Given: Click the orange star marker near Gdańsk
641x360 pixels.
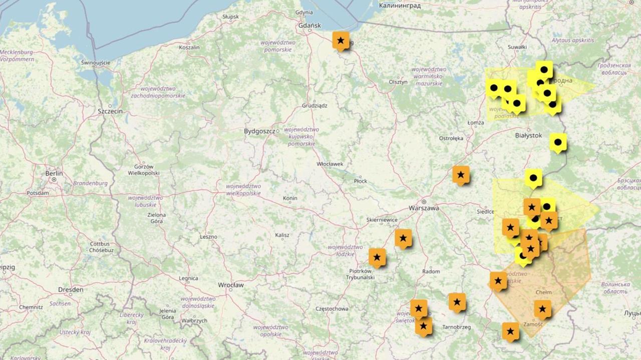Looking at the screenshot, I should [x=341, y=41].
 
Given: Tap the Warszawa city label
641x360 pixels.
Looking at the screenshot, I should [x=424, y=208].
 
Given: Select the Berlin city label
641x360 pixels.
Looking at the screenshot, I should [x=54, y=173].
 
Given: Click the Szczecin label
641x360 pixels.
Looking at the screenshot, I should [x=110, y=111].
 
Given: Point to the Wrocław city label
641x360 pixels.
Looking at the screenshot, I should [x=230, y=285].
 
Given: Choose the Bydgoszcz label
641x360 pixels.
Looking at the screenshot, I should [x=259, y=131].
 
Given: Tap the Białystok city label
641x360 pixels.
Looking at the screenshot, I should [x=528, y=135].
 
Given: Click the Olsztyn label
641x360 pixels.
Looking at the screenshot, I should [x=398, y=82].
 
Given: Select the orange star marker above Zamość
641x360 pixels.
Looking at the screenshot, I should [x=542, y=309].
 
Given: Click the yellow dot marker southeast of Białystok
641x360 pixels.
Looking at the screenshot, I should [x=558, y=142].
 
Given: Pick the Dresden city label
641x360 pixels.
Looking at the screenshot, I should [x=71, y=289].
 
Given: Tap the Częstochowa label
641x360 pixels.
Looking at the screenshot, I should [x=332, y=309].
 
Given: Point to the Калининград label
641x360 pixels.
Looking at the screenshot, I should [x=399, y=6].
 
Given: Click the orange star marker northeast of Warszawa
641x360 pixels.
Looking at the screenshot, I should [x=461, y=175].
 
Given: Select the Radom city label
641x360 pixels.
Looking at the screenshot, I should [x=431, y=271].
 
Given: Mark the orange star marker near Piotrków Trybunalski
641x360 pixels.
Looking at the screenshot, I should [x=377, y=257].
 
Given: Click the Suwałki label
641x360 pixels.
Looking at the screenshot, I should [x=517, y=47].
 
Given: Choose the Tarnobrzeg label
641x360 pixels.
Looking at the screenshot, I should [x=457, y=327].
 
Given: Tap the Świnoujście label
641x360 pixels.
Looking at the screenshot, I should [x=95, y=63].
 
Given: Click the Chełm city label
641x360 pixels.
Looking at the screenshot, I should [x=543, y=292].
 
